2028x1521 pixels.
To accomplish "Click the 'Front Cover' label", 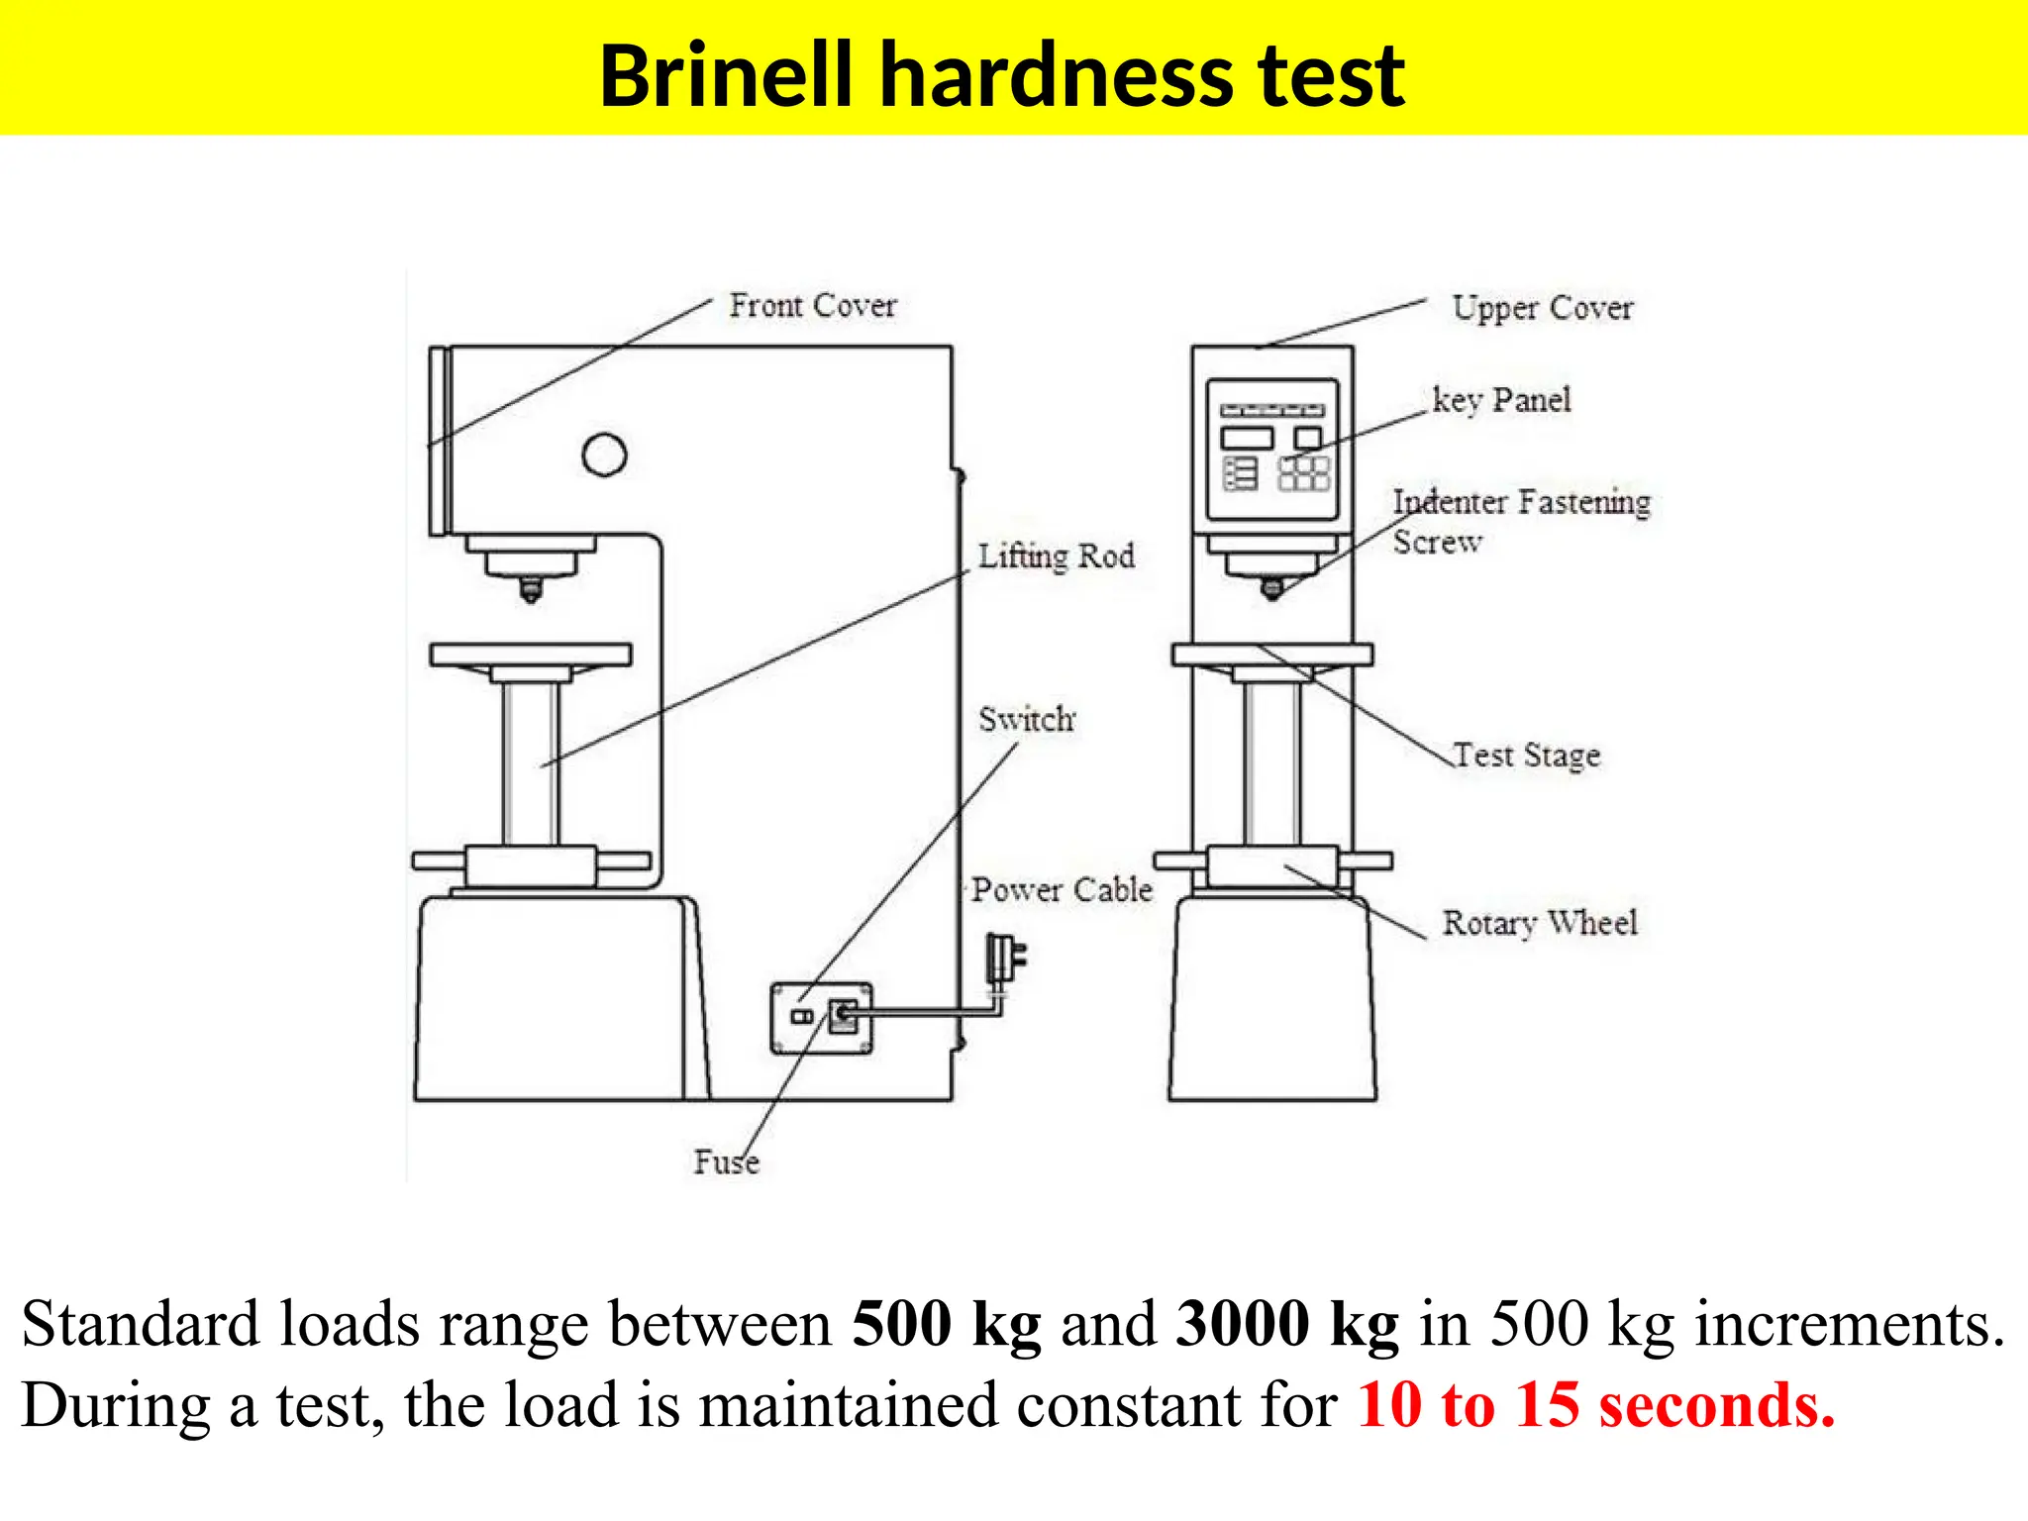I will [x=812, y=306].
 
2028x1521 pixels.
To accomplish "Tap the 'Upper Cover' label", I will [x=1542, y=309].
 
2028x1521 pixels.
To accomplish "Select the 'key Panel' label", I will [x=1501, y=401].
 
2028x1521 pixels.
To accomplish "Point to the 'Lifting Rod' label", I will [x=1056, y=557].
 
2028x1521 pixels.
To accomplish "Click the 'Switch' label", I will [x=1026, y=719].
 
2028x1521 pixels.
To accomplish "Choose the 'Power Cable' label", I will [x=1062, y=890].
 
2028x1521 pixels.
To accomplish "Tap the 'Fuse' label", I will [x=726, y=1162].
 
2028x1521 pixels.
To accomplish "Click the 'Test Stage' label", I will [x=1526, y=757].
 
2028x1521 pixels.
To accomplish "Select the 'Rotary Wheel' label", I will [x=1539, y=924].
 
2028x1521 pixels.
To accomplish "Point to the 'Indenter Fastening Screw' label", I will [x=1521, y=521].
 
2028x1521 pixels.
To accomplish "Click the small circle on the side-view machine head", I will [x=604, y=455].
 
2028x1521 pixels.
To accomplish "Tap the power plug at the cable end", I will [x=1004, y=958].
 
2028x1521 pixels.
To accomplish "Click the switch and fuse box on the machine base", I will [x=822, y=1018].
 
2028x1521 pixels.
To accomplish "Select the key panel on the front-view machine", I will [x=1272, y=450].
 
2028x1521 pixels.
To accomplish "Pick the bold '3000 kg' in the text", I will [x=1287, y=1324].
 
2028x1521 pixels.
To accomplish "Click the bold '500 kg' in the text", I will [x=947, y=1324].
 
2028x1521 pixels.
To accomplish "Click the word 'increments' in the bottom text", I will [x=1848, y=1324].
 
